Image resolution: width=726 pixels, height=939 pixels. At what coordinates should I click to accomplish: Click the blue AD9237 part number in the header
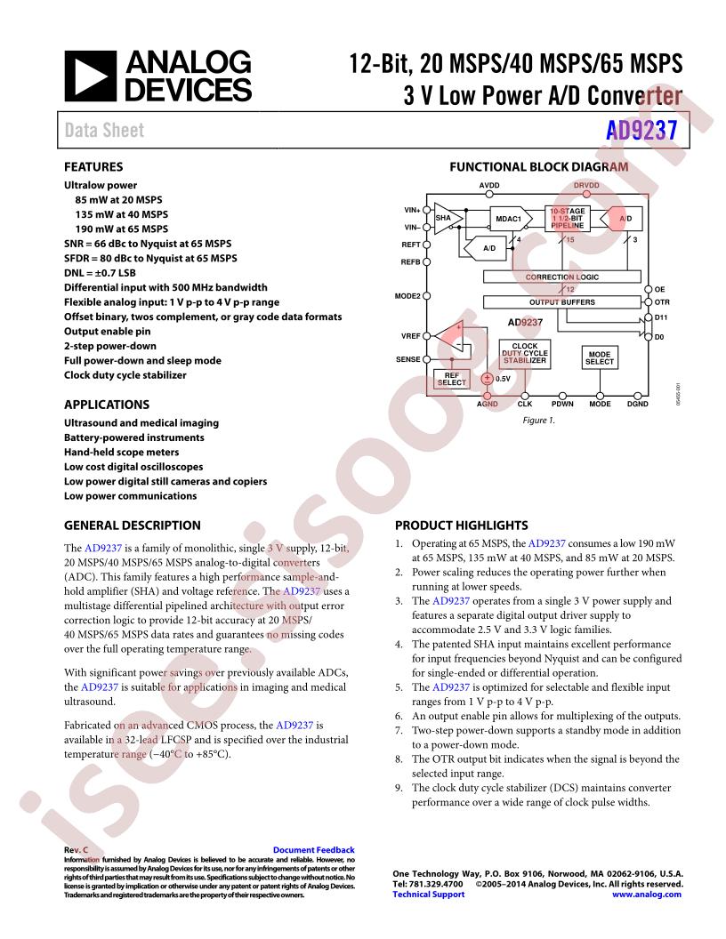coord(642,130)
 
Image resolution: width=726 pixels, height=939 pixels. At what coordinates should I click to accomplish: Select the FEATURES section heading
coord(93,166)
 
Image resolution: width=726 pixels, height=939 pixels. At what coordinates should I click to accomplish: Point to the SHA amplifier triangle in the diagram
coord(442,218)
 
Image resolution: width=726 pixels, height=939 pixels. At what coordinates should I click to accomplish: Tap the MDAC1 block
coord(506,218)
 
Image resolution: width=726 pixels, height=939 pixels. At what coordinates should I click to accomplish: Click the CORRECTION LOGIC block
coord(562,277)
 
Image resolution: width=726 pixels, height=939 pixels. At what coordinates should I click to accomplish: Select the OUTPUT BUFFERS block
coord(562,302)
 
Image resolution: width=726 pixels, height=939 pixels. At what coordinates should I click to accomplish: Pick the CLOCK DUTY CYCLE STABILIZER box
coord(525,354)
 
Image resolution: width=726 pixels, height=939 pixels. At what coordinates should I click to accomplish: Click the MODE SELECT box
coord(600,357)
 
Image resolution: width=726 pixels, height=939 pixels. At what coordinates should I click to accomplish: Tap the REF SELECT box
coord(452,379)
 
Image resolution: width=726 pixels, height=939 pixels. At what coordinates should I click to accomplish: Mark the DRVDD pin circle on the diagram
coord(586,195)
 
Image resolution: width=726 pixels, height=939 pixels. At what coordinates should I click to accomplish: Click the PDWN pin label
coord(562,405)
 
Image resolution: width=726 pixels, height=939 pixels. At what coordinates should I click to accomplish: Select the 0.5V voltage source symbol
coord(488,378)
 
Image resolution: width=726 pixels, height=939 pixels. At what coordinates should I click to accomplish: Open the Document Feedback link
coord(313,850)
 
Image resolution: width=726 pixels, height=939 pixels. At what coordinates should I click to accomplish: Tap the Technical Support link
coord(428,895)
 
